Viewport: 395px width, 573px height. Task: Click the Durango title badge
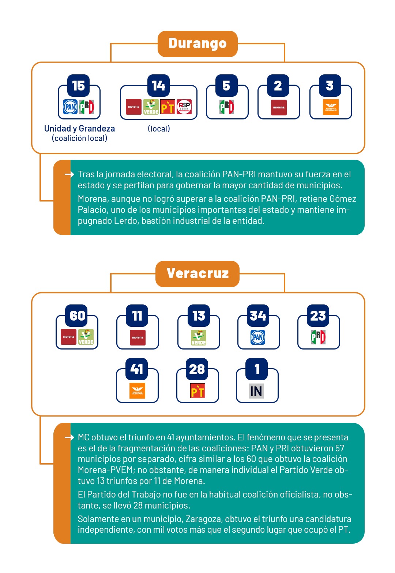coord(197,44)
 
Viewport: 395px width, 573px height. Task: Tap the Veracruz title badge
coord(197,274)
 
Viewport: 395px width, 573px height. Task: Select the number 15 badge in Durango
coord(78,85)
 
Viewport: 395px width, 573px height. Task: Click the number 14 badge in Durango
coord(159,85)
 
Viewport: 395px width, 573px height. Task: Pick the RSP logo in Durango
coord(184,107)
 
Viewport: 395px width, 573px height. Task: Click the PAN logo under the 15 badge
coord(70,107)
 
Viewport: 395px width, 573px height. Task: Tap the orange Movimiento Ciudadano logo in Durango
coord(331,107)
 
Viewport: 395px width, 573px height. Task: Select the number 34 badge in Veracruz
coord(258,315)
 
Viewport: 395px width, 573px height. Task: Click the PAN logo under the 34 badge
coord(257,337)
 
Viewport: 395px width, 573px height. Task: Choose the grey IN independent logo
coord(256,391)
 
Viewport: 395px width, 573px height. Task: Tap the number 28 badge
coord(197,369)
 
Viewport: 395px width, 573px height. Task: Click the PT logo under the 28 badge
coord(197,391)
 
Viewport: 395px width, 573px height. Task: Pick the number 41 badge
coord(136,369)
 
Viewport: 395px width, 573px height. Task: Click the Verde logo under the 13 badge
coord(199,337)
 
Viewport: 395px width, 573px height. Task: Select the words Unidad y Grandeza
coord(79,129)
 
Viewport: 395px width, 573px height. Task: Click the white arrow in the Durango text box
coord(69,174)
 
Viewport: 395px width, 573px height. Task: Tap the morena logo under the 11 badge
coord(138,338)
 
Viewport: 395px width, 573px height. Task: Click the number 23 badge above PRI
coord(318,315)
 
